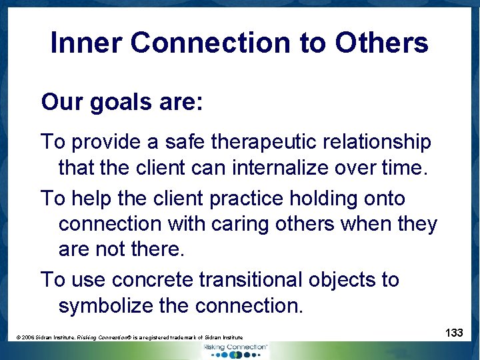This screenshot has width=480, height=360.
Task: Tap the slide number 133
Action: point(454,331)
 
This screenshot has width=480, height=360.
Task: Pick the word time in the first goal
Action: point(401,167)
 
